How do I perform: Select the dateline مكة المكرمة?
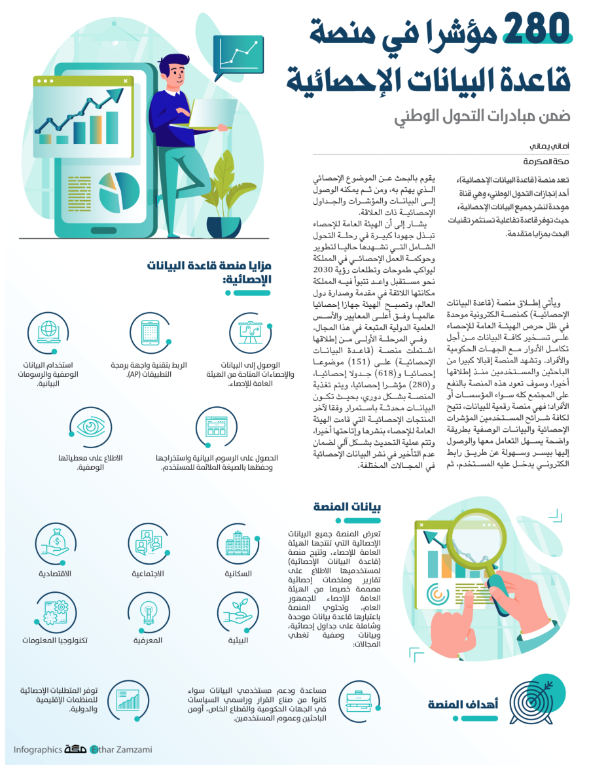click(546, 162)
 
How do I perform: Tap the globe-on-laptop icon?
click(49, 332)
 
